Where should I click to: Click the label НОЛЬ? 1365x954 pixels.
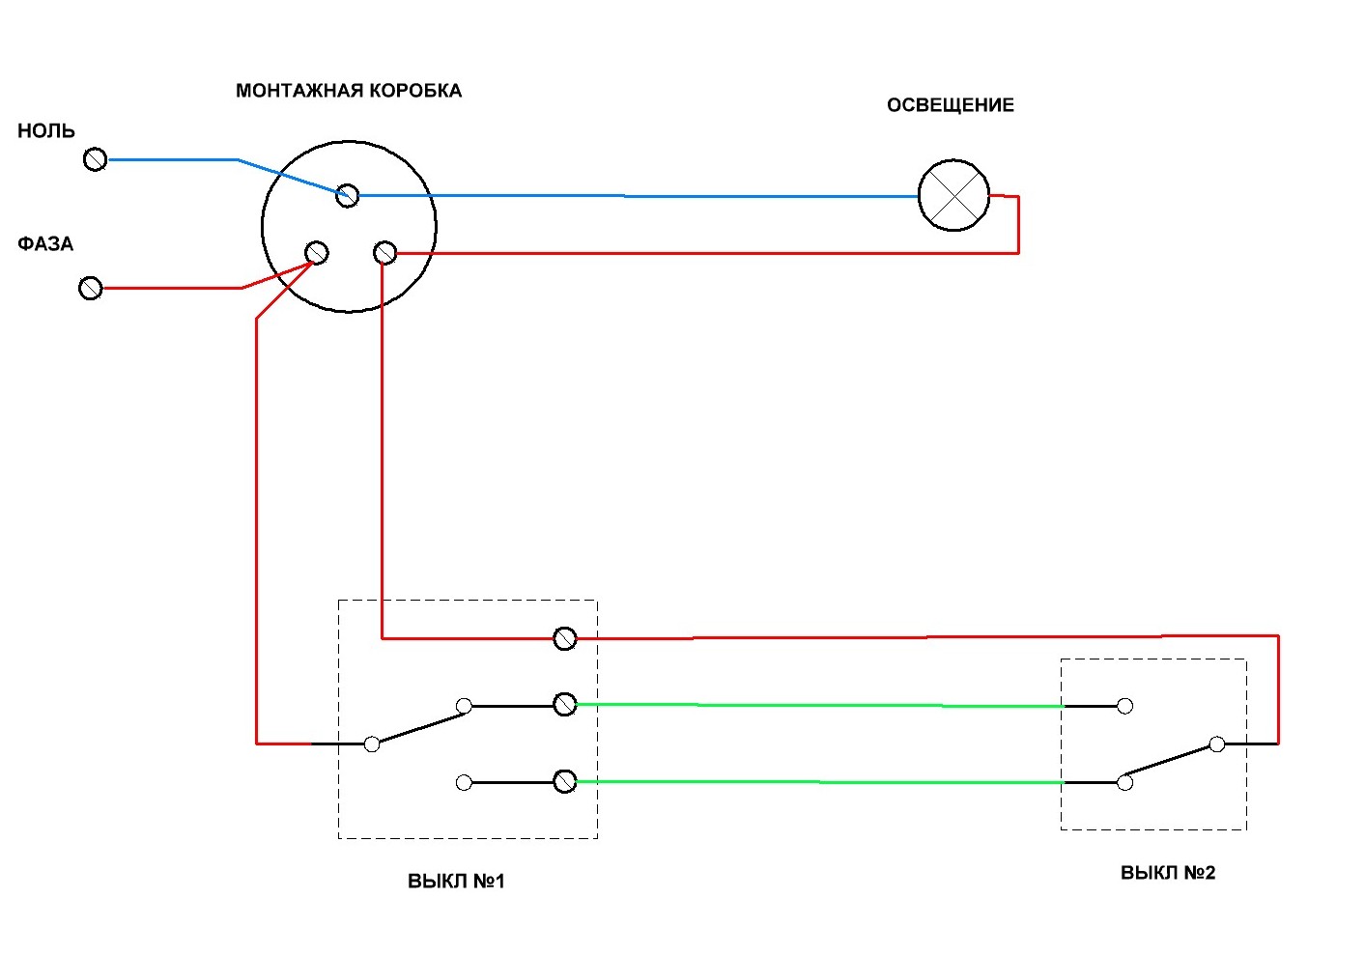click(46, 131)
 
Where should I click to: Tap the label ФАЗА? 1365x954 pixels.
click(45, 243)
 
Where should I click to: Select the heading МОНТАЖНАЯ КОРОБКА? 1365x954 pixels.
click(349, 91)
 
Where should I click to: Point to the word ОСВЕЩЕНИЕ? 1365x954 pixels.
click(950, 105)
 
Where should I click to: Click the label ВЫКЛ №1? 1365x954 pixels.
click(456, 881)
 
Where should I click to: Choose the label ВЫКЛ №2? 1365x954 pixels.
click(1168, 872)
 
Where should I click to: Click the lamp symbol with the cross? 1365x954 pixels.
click(953, 196)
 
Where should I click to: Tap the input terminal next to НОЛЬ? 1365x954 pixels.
click(95, 159)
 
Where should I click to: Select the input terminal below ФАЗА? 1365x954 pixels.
click(91, 288)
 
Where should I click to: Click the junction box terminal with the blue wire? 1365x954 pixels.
click(348, 196)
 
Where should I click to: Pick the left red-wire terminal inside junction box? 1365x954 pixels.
click(317, 253)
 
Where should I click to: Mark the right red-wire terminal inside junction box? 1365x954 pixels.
click(384, 253)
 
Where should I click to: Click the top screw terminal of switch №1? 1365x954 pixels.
click(565, 638)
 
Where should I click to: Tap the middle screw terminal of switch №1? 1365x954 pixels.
click(565, 704)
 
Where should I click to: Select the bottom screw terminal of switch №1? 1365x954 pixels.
click(565, 781)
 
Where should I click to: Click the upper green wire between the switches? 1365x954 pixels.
click(819, 706)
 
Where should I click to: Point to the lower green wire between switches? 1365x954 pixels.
click(819, 782)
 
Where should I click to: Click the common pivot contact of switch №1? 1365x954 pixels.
click(372, 744)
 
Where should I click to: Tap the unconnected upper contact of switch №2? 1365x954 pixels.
click(1124, 706)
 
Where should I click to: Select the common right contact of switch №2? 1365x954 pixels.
click(1217, 744)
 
